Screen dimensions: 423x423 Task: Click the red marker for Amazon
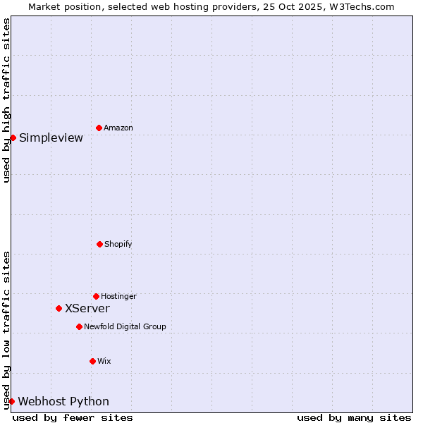(x=99, y=128)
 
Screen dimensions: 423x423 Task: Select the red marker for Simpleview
(x=13, y=137)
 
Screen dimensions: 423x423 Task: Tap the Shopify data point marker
(x=99, y=244)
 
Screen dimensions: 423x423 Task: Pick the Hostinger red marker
(x=96, y=296)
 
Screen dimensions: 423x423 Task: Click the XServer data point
(x=59, y=308)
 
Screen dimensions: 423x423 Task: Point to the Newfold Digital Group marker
(x=79, y=326)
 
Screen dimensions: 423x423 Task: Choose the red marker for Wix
(x=92, y=361)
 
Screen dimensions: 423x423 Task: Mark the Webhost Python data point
(x=11, y=401)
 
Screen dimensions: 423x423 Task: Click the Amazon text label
(x=118, y=128)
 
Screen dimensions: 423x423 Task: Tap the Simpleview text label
(x=51, y=137)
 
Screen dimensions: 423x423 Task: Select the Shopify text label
(x=118, y=245)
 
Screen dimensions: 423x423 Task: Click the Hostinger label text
(x=118, y=297)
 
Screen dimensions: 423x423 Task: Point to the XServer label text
(x=87, y=309)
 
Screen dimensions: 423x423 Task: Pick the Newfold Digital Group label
(x=125, y=327)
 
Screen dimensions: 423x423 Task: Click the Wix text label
(x=104, y=362)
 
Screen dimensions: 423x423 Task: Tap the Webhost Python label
(x=63, y=402)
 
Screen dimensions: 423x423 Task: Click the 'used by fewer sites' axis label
(x=73, y=417)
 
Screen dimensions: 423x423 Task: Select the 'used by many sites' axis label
(x=354, y=417)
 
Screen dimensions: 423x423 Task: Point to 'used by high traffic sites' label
(x=6, y=100)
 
